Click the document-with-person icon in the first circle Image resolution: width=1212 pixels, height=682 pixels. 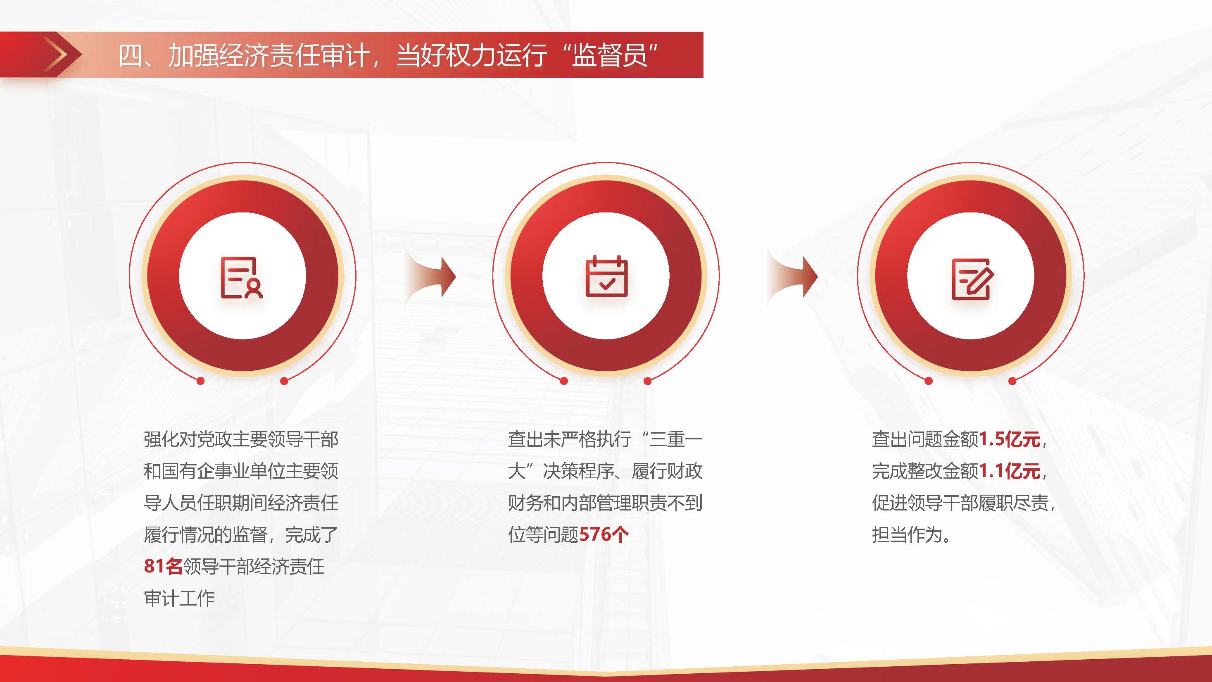coord(242,277)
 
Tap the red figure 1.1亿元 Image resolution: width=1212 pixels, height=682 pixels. coord(1009,471)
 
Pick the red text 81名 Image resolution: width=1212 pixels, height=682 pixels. coord(163,566)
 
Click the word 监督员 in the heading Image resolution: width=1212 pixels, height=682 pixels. coord(609,55)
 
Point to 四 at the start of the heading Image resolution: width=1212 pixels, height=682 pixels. coord(130,55)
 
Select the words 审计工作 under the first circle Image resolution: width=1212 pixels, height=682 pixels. coord(179,598)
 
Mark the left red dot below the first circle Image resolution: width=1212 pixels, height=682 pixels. coord(200,381)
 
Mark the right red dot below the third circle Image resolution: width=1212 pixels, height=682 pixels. coord(1012,381)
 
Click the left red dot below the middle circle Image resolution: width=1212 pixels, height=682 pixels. coord(564,381)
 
